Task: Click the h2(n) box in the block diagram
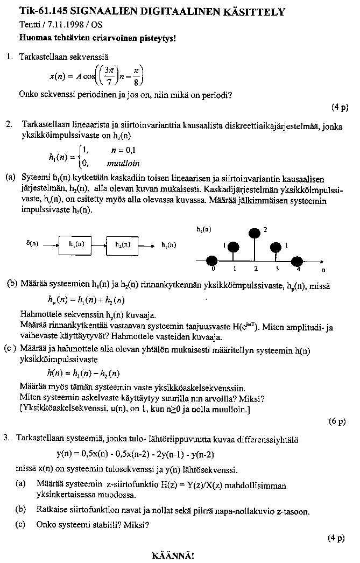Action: [x=123, y=243]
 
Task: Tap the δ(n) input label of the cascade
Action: [x=32, y=243]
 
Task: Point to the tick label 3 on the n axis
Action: [x=277, y=268]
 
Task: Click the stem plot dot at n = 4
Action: [x=297, y=261]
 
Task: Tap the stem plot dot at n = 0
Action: [x=214, y=261]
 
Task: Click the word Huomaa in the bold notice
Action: [x=34, y=38]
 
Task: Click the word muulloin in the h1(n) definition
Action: [x=123, y=163]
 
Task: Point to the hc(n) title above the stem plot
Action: [x=203, y=229]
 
